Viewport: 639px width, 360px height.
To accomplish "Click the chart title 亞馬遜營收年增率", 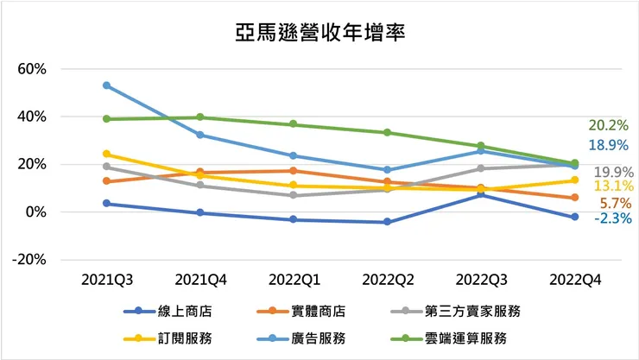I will [x=320, y=33].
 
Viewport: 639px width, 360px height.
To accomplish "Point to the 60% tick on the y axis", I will [x=33, y=68].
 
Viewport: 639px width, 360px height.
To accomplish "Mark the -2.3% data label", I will [x=611, y=218].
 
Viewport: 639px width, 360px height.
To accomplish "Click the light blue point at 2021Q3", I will [x=106, y=85].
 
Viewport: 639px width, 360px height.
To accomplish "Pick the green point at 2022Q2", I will [x=387, y=132].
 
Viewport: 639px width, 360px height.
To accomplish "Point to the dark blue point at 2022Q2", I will [x=387, y=222].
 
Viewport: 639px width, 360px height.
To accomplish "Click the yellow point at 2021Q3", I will [x=106, y=154].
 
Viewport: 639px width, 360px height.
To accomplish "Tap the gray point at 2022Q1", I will [x=294, y=195].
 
